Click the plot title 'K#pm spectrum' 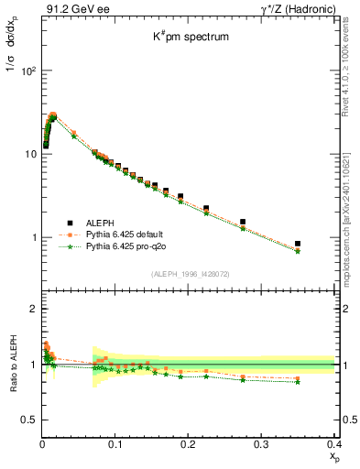190,38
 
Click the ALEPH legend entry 100,223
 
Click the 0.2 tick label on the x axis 188,443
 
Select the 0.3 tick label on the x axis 261,443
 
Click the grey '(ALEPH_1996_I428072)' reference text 191,274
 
